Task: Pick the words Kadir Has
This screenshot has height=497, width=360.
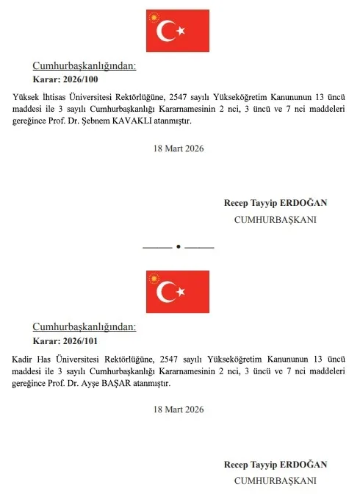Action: (x=32, y=359)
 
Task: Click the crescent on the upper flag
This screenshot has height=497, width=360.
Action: (x=168, y=30)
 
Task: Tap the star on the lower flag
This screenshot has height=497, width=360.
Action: (x=183, y=293)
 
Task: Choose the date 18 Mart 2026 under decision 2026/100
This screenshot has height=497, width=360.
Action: (x=179, y=148)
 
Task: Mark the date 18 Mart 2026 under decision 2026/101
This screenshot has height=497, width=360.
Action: (x=179, y=409)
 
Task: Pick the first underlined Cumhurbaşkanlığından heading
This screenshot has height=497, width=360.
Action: (x=84, y=65)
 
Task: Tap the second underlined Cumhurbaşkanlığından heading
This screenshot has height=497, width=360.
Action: (x=84, y=328)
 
